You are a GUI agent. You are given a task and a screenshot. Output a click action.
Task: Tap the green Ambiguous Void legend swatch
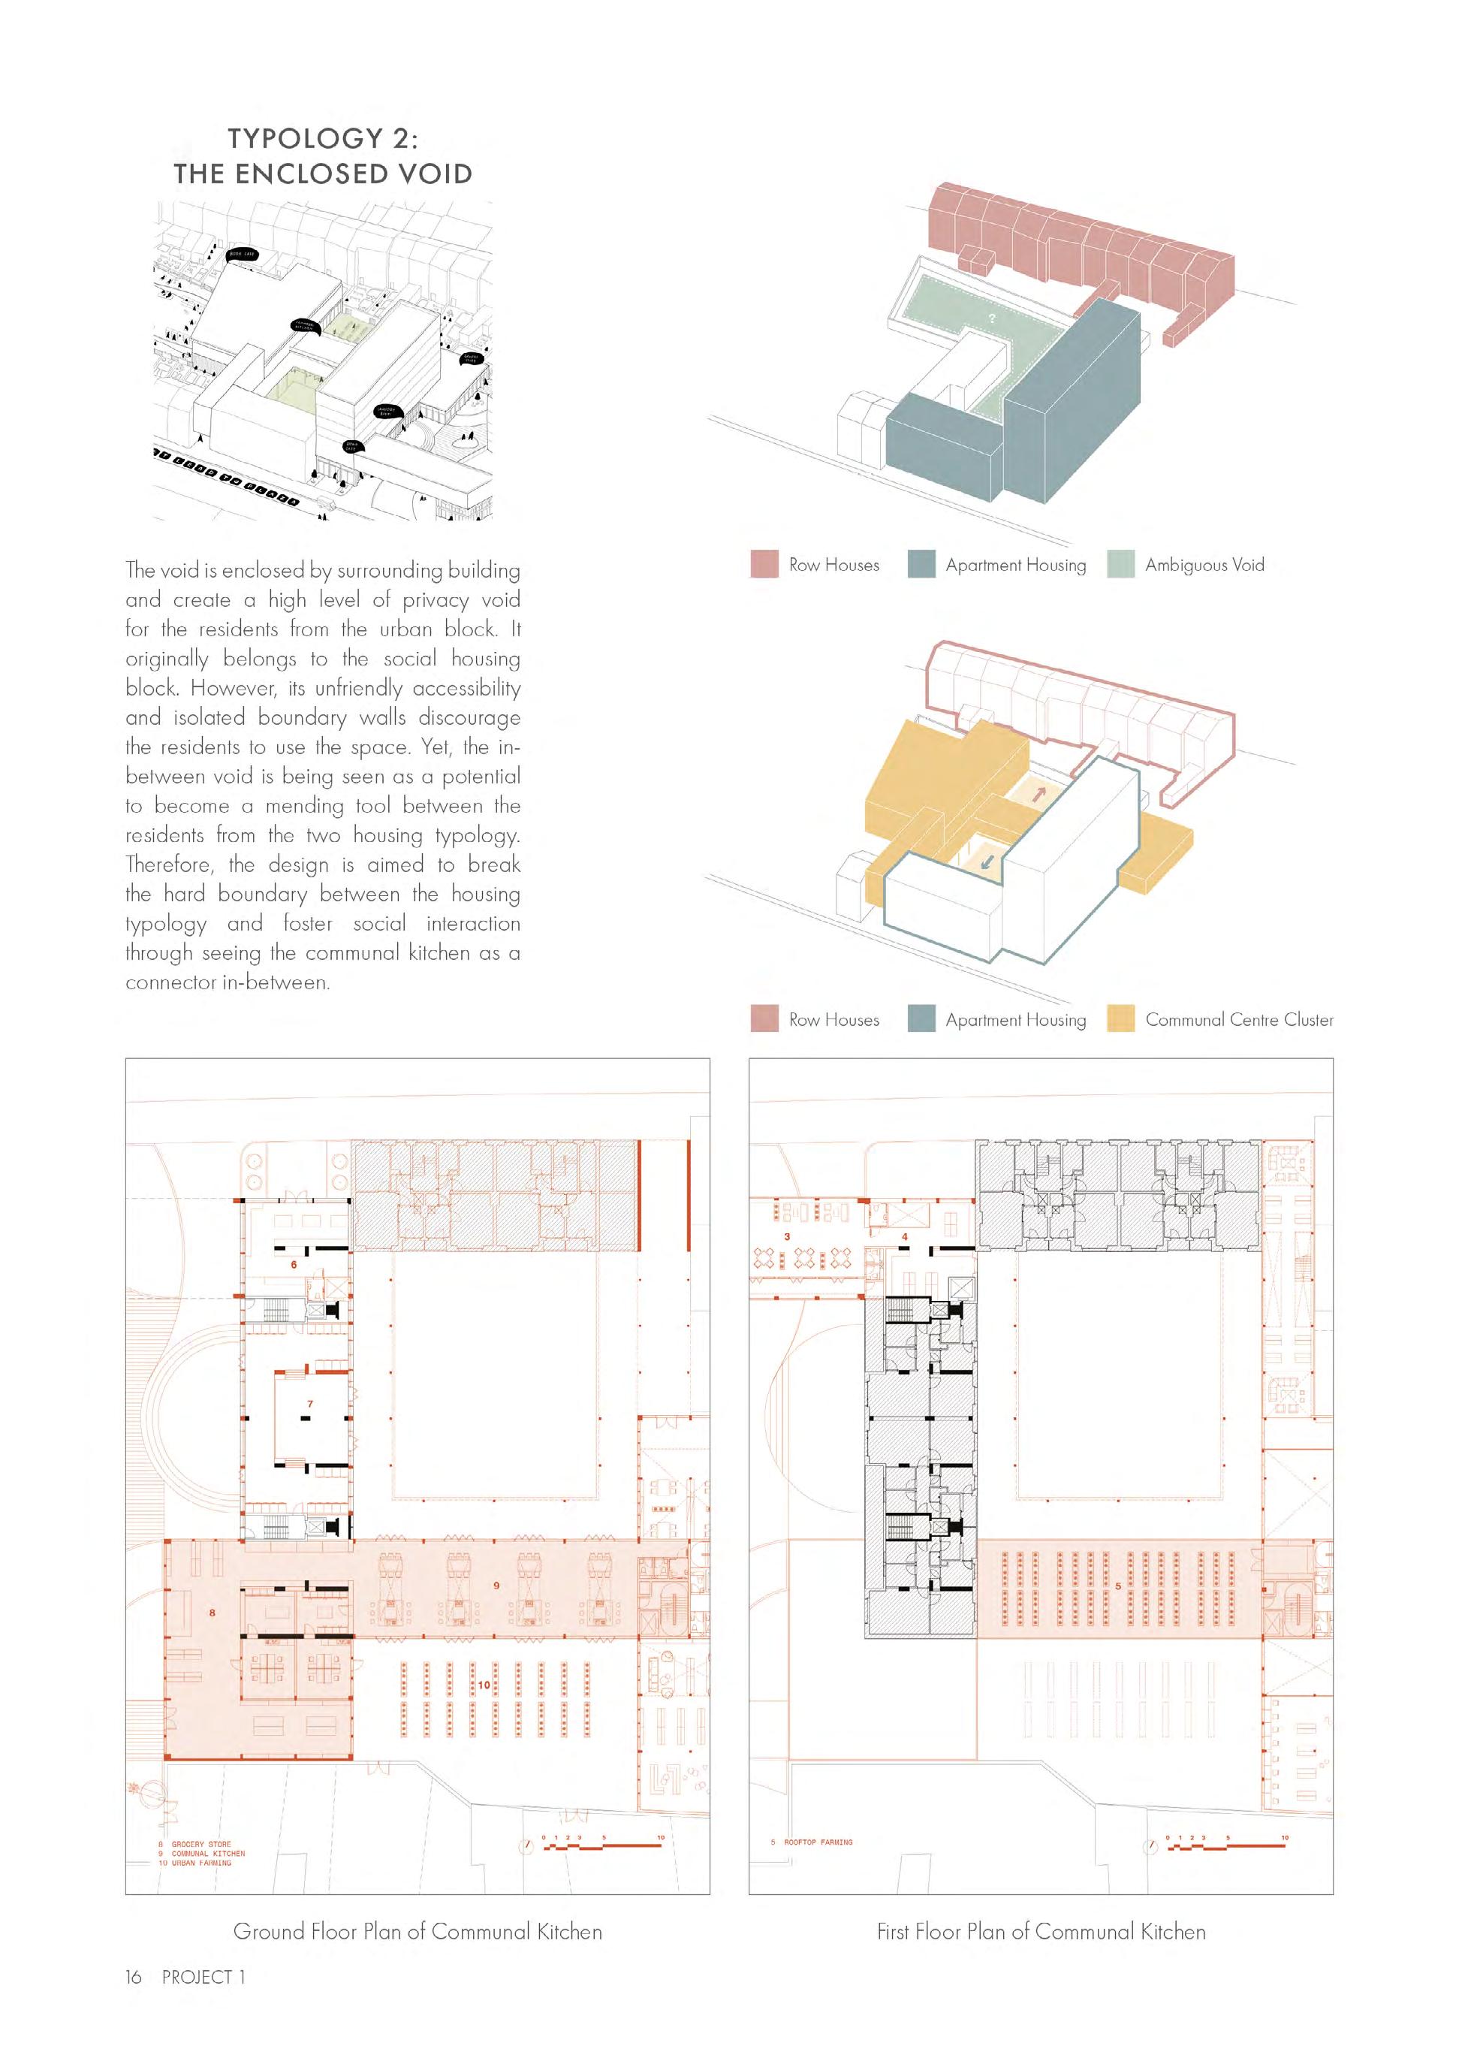tap(1120, 565)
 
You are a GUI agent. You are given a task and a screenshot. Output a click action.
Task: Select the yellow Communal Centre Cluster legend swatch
tap(1120, 1019)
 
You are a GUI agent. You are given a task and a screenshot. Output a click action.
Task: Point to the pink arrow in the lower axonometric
tap(1039, 793)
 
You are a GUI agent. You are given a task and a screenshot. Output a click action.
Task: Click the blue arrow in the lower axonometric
tap(987, 857)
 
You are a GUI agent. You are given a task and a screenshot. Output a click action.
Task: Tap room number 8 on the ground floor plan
tap(213, 1612)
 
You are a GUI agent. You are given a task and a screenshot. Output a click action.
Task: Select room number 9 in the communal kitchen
tap(496, 1585)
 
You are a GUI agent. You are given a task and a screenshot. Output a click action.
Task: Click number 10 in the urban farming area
tap(484, 1684)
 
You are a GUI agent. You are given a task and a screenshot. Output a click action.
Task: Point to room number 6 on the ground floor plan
tap(294, 1264)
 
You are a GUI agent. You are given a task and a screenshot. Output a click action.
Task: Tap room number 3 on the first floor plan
tap(786, 1236)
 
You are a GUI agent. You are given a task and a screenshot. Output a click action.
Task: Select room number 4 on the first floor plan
tap(905, 1236)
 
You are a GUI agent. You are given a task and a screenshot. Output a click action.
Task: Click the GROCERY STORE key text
tap(200, 1844)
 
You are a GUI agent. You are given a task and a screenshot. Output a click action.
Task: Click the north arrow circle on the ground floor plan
tap(525, 1845)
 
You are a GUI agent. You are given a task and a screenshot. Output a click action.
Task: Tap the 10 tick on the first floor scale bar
tap(1285, 1837)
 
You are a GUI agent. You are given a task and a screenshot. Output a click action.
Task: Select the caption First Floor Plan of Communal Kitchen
tap(1041, 1931)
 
